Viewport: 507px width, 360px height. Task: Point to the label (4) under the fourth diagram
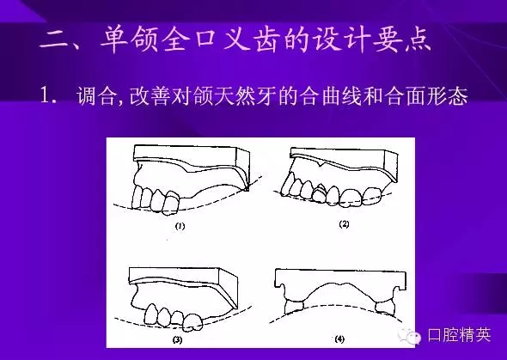pyautogui.click(x=343, y=337)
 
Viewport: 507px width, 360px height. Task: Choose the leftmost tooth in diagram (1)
pyautogui.click(x=143, y=194)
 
